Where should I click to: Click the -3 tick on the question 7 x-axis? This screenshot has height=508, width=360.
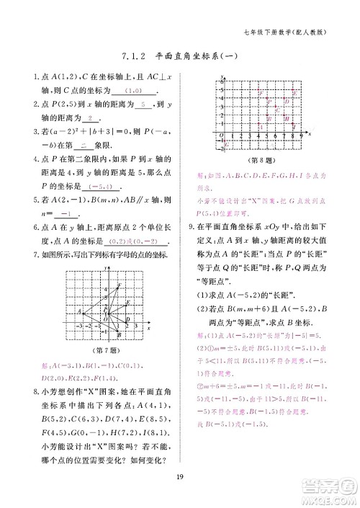tap(78, 326)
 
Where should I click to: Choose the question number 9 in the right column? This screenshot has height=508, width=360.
tap(189, 227)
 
